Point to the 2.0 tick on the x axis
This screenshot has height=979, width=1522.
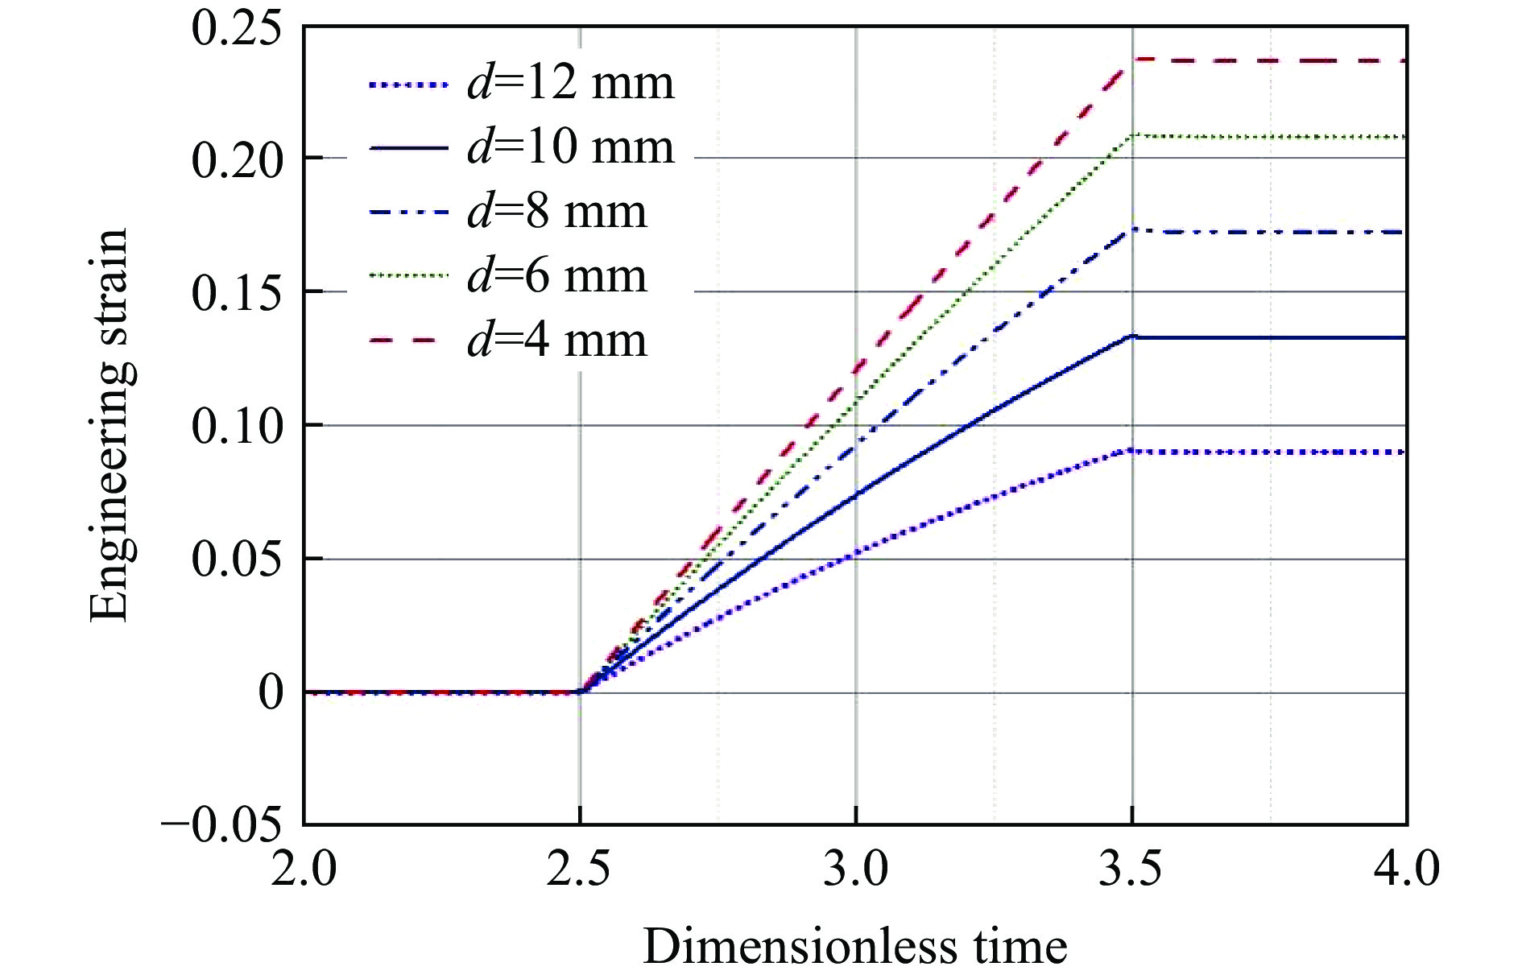[304, 870]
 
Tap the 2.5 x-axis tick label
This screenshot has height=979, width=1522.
[579, 870]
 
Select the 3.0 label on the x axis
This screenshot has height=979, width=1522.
[855, 870]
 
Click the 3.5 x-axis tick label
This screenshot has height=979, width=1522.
[1131, 870]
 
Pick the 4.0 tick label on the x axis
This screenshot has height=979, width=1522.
[1406, 870]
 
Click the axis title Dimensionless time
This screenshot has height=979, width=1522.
[855, 947]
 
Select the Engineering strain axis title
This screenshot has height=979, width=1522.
[110, 425]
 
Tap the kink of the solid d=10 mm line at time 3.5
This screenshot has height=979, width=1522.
[1132, 337]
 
